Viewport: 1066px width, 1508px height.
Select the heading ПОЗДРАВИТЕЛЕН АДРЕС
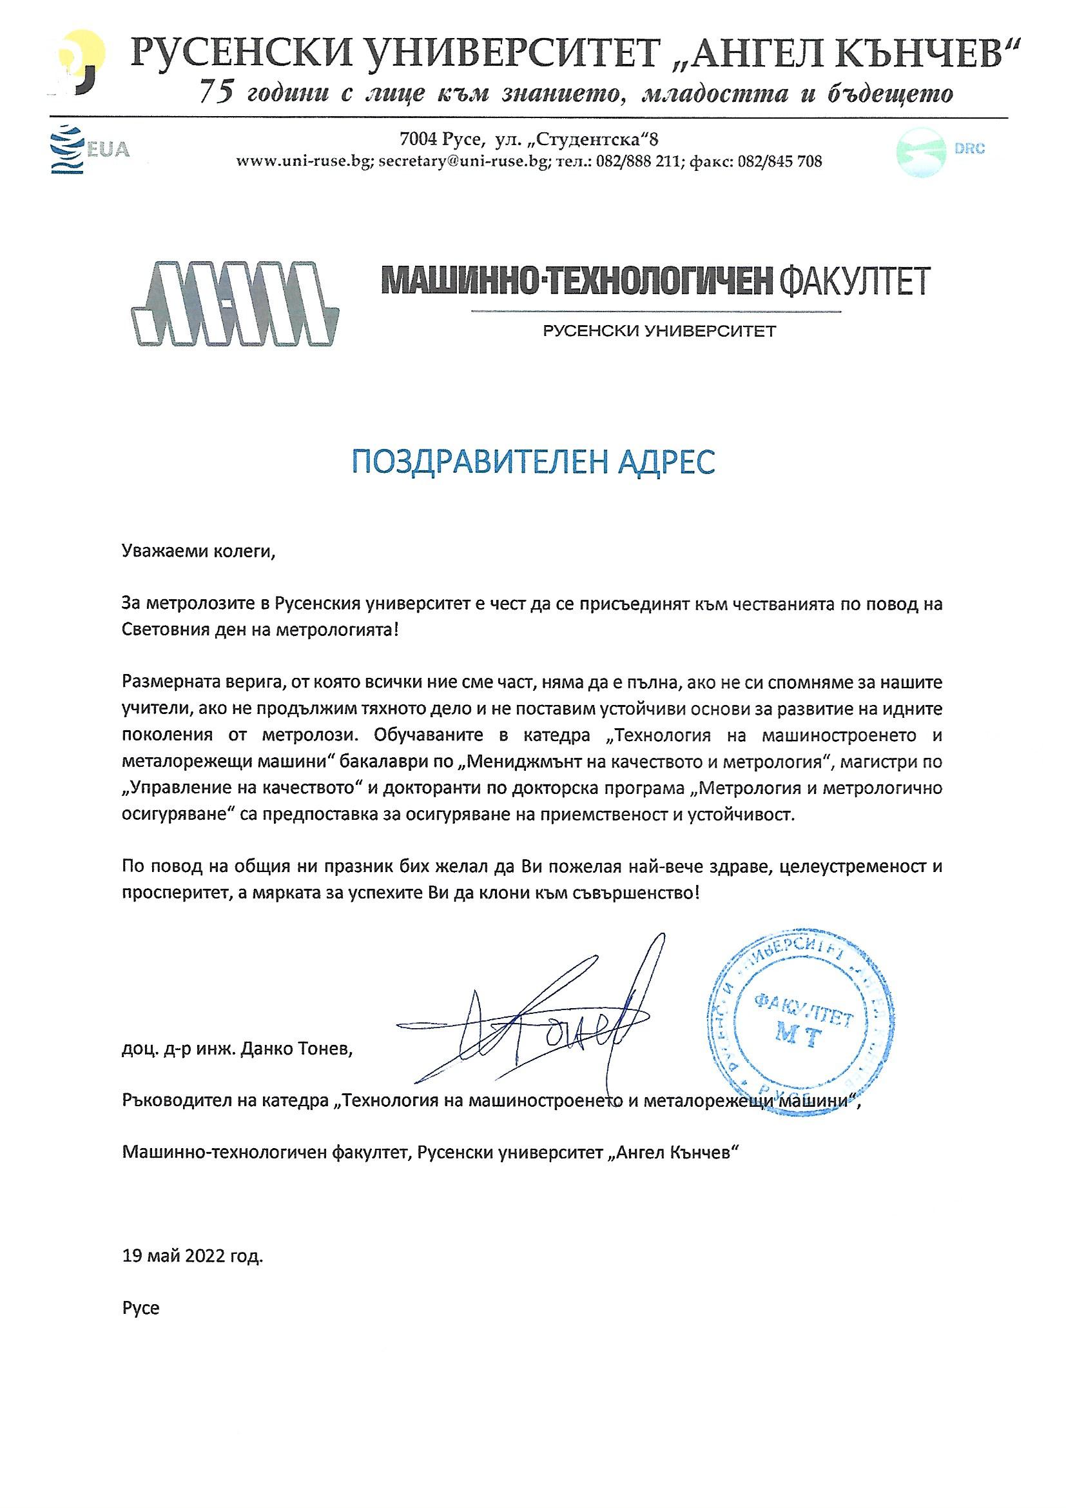533,463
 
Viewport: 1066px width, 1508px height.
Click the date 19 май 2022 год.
192,1257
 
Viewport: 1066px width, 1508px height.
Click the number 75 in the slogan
215,93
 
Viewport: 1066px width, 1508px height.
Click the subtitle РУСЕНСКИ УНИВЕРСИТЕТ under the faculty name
659,331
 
